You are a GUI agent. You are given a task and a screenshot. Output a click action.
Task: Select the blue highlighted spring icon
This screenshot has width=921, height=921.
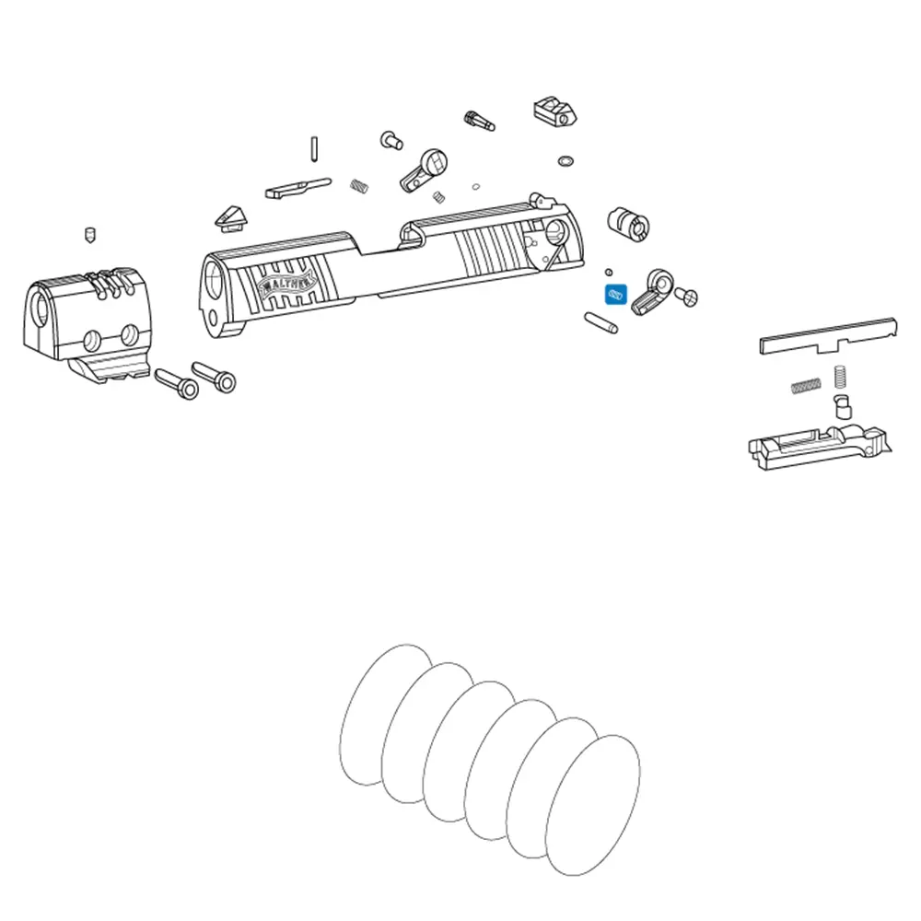point(616,295)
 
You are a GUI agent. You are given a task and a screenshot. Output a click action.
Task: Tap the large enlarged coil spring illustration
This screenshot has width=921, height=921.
point(490,760)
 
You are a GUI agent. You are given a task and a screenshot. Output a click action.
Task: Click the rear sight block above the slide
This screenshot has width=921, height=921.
point(555,111)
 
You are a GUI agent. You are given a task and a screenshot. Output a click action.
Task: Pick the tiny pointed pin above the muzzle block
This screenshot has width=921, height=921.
point(89,235)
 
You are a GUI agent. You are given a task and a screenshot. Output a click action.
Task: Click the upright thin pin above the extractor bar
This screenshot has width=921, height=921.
point(315,148)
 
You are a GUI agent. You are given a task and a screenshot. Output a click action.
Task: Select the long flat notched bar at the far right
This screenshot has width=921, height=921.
point(828,336)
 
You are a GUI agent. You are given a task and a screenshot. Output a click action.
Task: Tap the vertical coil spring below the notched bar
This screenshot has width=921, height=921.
point(840,377)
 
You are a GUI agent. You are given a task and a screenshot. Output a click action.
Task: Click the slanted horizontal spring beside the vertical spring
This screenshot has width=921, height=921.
point(806,385)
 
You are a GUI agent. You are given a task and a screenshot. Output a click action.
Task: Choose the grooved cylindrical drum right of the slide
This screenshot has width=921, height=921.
point(628,224)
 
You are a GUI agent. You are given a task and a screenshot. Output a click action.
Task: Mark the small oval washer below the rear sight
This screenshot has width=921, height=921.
point(565,161)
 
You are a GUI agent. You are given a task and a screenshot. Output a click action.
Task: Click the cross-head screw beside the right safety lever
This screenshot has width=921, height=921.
point(686,296)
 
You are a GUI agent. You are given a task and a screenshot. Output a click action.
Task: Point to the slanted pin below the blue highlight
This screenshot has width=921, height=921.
point(600,322)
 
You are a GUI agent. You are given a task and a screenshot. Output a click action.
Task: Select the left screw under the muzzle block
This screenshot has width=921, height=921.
point(176,384)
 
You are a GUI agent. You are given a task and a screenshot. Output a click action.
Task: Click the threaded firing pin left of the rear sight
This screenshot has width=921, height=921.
point(479,121)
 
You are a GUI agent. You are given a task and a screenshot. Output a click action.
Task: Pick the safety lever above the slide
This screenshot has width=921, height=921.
point(424,170)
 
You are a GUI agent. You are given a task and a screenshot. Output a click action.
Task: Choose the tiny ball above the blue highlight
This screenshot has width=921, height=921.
point(609,272)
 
